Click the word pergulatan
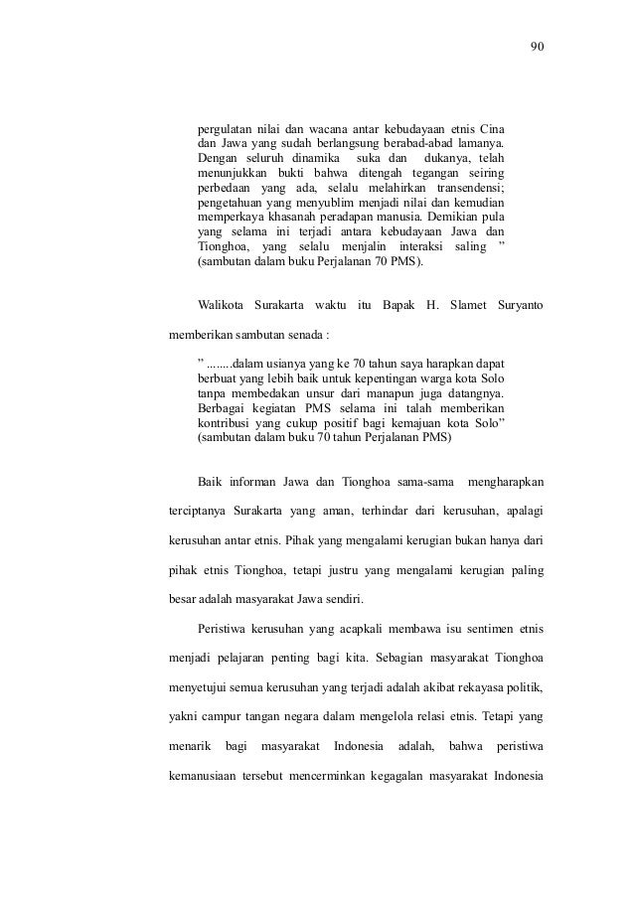[226, 129]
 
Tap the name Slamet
[461, 302]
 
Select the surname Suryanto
[518, 302]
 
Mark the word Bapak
[399, 302]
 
